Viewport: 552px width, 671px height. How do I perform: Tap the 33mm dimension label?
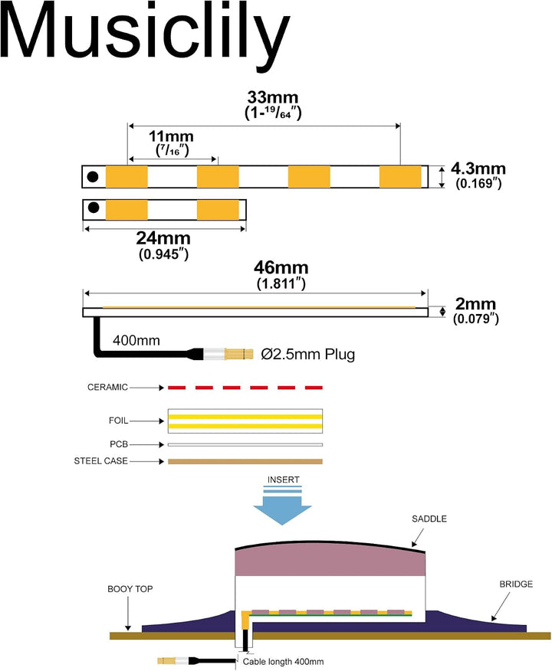tap(273, 97)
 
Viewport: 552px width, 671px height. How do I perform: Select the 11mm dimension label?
tap(171, 136)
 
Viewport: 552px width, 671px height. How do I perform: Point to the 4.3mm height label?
tap(478, 169)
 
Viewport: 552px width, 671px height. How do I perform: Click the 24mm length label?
tap(163, 238)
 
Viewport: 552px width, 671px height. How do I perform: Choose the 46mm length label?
tap(281, 267)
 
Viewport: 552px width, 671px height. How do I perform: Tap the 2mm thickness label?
tap(475, 304)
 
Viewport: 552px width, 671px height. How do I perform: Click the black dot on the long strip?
tap(93, 176)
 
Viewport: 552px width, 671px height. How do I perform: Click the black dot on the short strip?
tap(94, 208)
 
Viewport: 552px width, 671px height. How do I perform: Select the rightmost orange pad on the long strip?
tap(400, 177)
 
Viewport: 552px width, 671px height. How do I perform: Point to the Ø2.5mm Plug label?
tap(308, 355)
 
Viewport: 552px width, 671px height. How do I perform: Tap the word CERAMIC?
tap(107, 388)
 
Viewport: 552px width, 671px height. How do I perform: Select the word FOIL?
tap(118, 421)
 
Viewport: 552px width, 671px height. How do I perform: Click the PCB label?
tap(119, 444)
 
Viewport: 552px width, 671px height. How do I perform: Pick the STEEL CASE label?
tap(100, 461)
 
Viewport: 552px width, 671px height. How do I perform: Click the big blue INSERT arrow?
tap(282, 506)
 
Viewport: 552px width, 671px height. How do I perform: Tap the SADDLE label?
tap(429, 519)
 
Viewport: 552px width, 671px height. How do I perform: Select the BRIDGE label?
tap(516, 584)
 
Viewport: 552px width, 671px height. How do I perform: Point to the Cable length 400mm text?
tap(283, 662)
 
